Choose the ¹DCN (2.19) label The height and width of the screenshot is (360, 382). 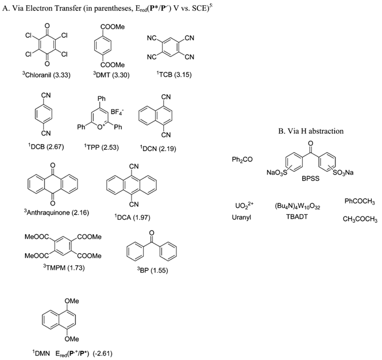pos(159,146)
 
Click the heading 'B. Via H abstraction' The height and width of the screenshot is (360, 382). pos(311,131)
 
